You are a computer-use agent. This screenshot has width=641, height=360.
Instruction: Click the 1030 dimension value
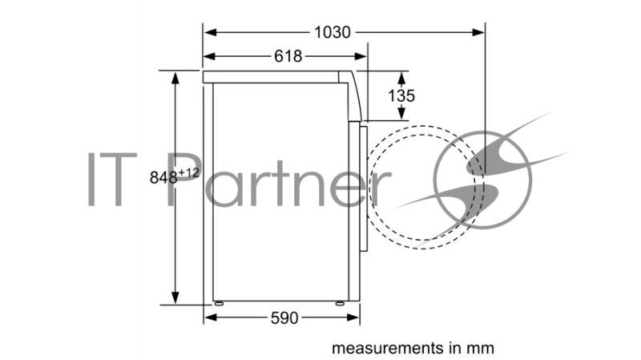click(x=333, y=32)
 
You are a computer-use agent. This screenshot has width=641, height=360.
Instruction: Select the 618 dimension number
click(x=288, y=56)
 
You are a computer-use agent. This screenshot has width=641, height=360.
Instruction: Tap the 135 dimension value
click(x=401, y=95)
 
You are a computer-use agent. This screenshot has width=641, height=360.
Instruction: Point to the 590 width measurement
click(x=284, y=318)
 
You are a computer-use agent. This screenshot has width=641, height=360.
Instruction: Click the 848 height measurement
click(x=163, y=177)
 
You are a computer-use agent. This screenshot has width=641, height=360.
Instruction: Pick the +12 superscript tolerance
click(x=188, y=172)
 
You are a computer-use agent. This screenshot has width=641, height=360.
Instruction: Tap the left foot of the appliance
click(x=219, y=304)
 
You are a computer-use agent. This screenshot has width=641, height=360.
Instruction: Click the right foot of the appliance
click(x=339, y=304)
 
